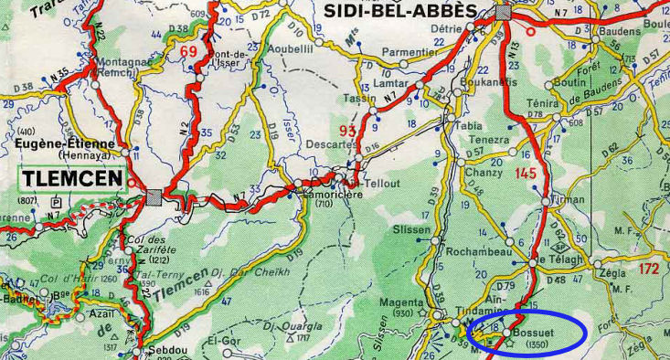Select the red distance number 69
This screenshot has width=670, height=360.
(188, 51)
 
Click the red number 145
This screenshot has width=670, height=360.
(526, 173)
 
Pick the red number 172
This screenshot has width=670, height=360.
(649, 269)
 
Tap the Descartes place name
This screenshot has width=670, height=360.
(331, 143)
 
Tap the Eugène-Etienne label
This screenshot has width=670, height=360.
(65, 143)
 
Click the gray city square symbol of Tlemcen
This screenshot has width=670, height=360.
(154, 195)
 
